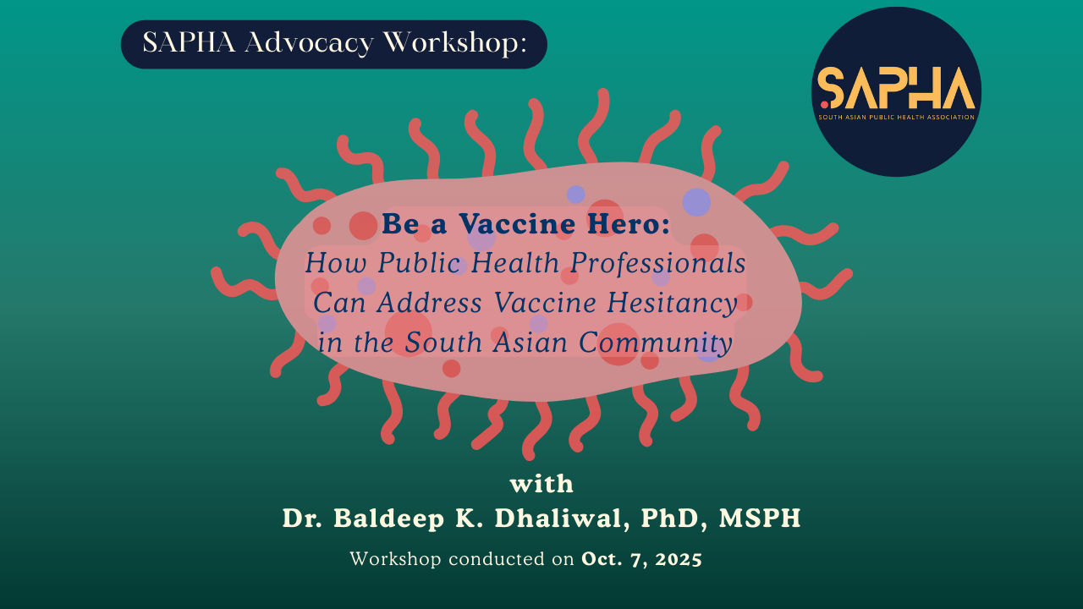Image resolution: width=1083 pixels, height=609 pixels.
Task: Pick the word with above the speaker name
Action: [x=541, y=485]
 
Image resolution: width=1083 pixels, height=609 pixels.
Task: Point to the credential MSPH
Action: [x=760, y=518]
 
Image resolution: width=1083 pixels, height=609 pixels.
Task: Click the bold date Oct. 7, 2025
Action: [x=641, y=559]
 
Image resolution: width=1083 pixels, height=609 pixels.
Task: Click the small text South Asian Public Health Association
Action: [x=896, y=117]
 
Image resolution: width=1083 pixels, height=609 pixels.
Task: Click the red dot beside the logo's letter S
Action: [x=824, y=103]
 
